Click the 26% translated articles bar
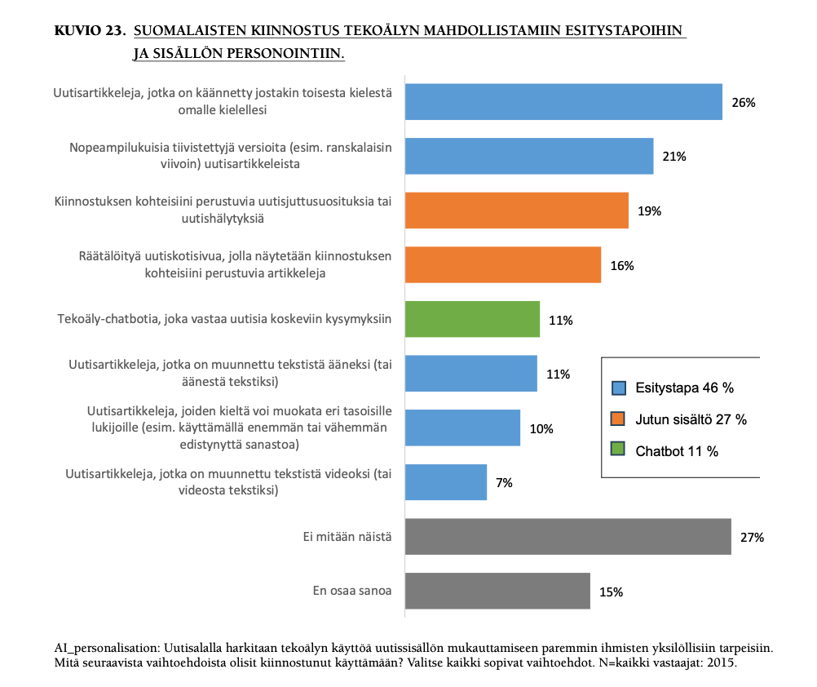click(563, 102)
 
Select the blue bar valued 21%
click(529, 156)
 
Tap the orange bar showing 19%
click(517, 211)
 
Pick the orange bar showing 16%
click(503, 265)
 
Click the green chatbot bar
click(472, 320)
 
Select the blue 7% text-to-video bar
click(446, 482)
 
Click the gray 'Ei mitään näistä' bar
click(567, 537)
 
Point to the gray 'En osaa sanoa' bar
click(497, 592)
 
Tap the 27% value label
click(752, 538)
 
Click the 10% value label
click(541, 429)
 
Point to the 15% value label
click(611, 592)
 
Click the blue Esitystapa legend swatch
click(618, 388)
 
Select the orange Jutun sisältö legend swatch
click(618, 419)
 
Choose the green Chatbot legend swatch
click(618, 451)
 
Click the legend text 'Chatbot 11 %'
click(677, 451)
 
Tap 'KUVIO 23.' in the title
click(89, 32)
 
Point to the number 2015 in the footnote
click(721, 663)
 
